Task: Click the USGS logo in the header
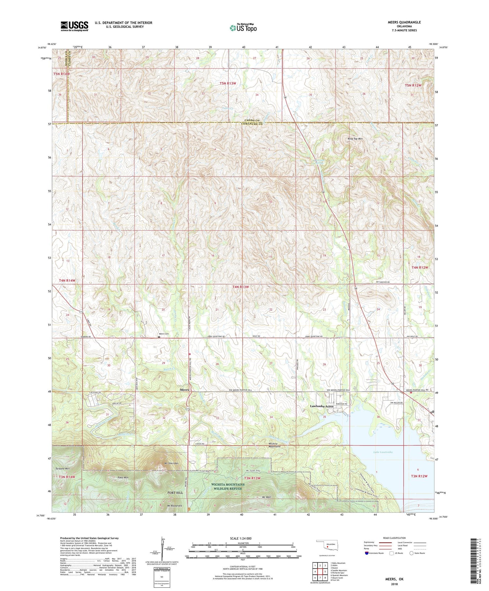[74, 26]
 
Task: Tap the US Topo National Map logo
[243, 28]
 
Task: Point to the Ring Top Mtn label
[355, 139]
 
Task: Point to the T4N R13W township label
[241, 287]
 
